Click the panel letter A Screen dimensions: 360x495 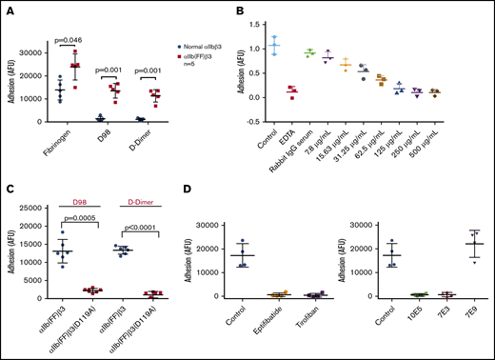8,10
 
